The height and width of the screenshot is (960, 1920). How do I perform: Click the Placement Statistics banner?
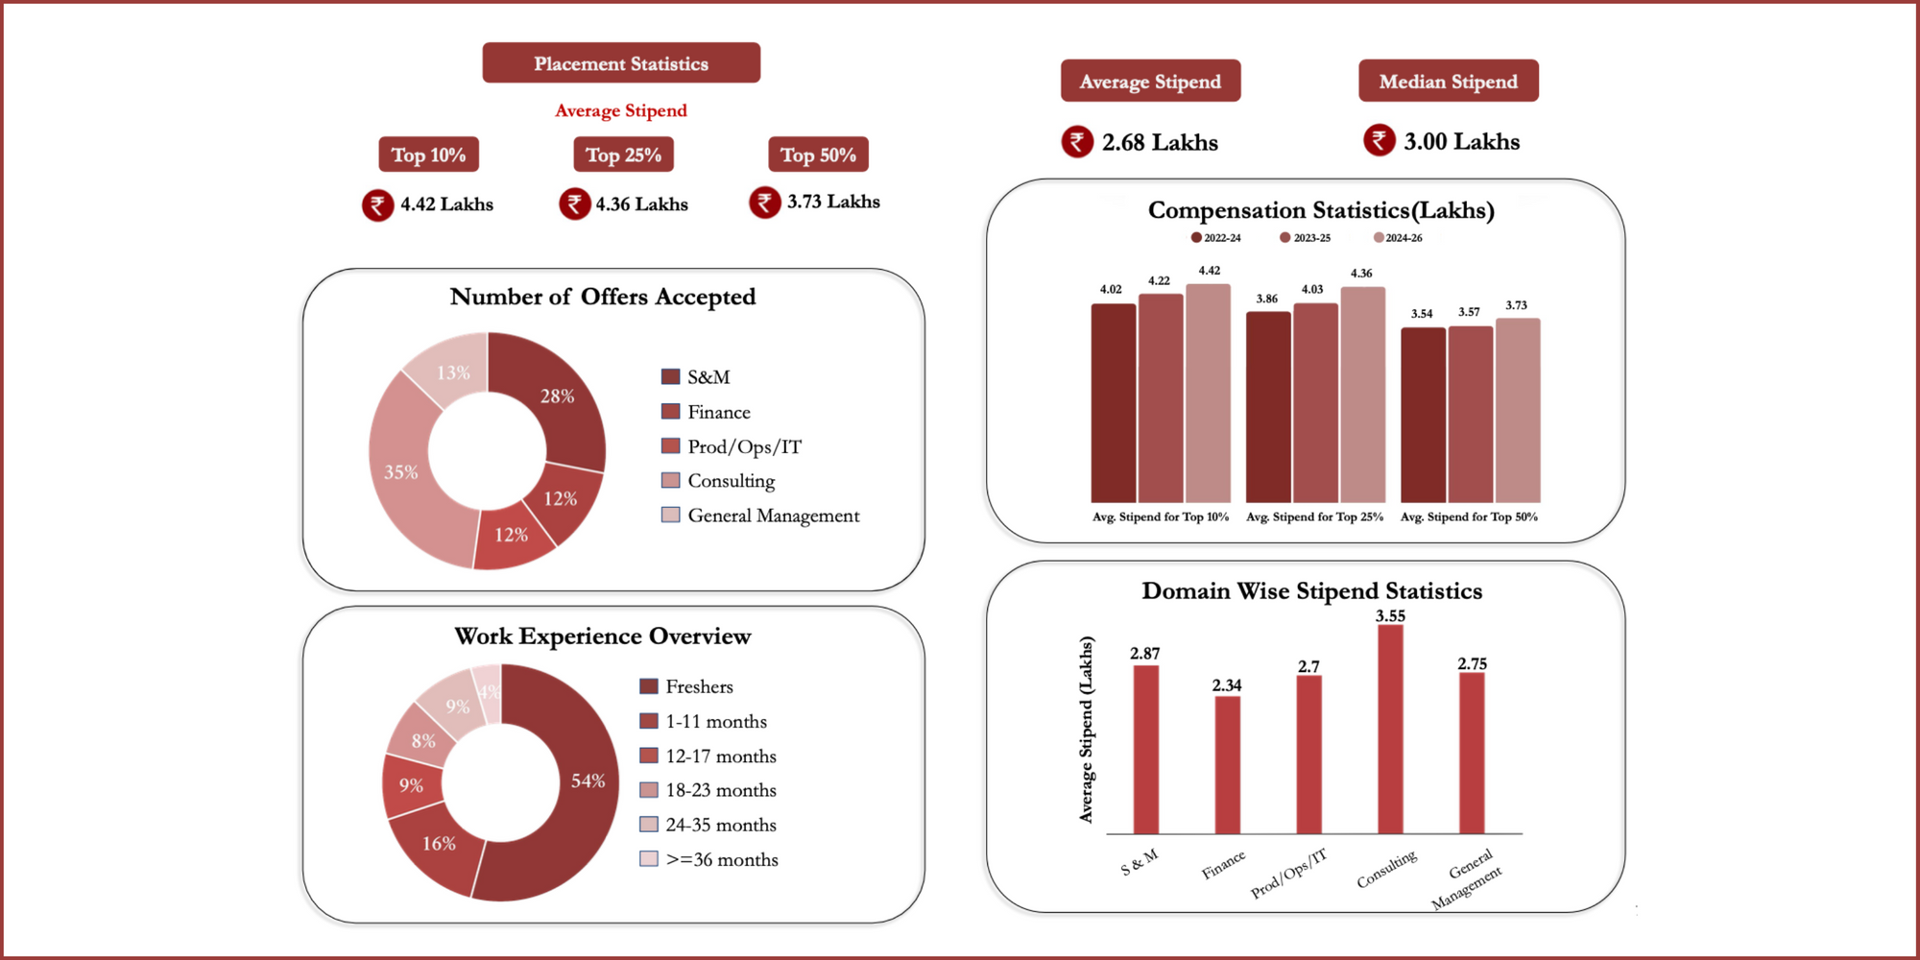[621, 63]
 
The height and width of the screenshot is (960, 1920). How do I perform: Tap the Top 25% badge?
[623, 155]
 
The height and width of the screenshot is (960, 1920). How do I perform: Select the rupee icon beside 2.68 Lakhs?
[1077, 142]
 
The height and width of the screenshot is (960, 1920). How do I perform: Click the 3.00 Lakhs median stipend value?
[1461, 142]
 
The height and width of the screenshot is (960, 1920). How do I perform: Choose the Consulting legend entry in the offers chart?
[730, 481]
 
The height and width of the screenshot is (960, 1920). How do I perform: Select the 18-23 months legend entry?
[720, 790]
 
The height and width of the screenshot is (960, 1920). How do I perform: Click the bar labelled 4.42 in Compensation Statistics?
[1208, 394]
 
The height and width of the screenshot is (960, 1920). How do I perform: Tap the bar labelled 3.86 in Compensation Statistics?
[1267, 408]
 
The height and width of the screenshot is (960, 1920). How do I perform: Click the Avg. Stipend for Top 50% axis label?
[1469, 516]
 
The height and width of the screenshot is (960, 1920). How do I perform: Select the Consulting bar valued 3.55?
[1390, 730]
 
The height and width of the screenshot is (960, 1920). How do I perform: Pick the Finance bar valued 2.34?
[1227, 765]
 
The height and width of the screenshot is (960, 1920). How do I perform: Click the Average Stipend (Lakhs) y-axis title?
[1086, 730]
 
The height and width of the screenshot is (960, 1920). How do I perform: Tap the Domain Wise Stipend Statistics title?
[1311, 591]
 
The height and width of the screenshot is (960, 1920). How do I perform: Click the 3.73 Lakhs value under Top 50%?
[832, 202]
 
